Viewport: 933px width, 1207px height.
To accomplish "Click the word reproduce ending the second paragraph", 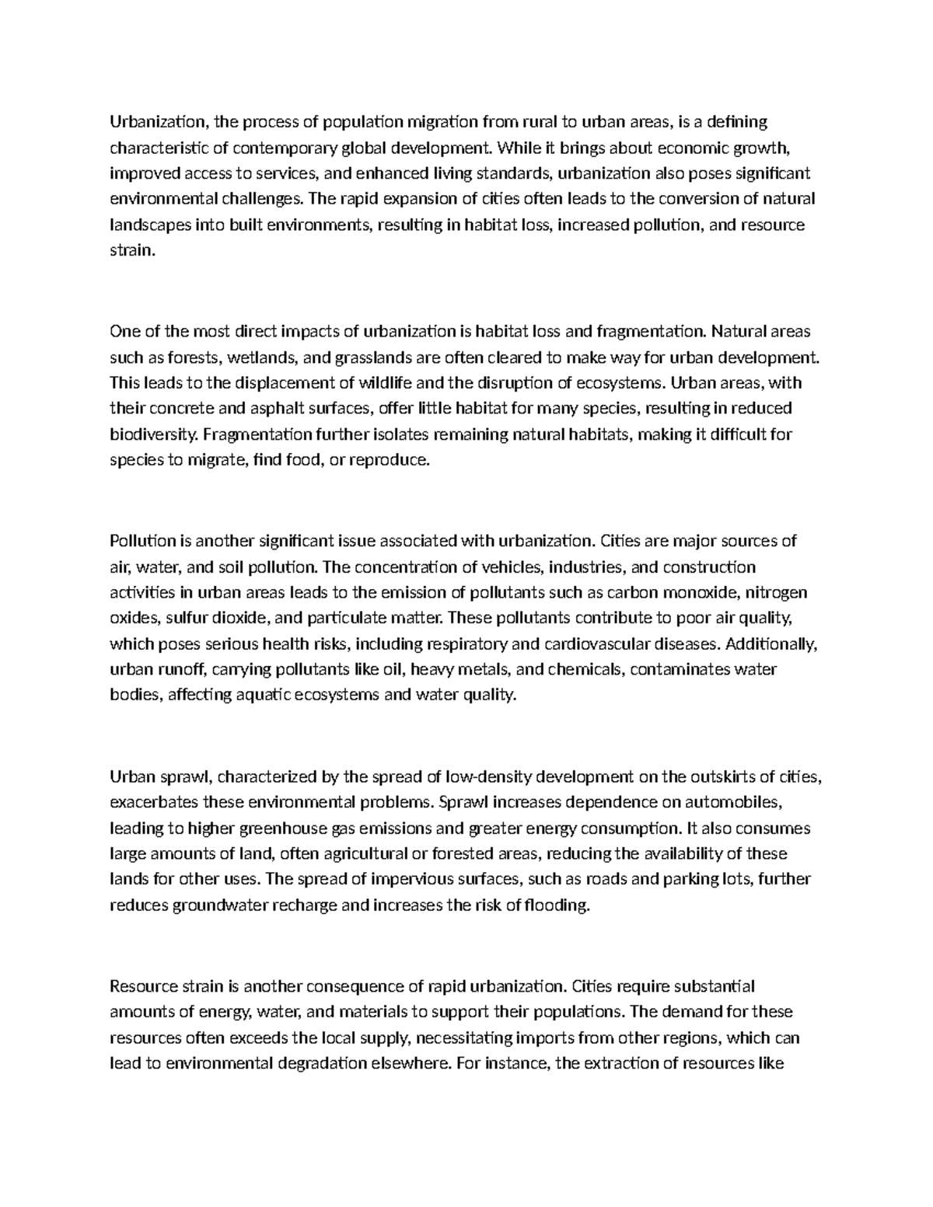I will (390, 460).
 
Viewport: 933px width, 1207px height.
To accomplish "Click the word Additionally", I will (772, 644).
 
